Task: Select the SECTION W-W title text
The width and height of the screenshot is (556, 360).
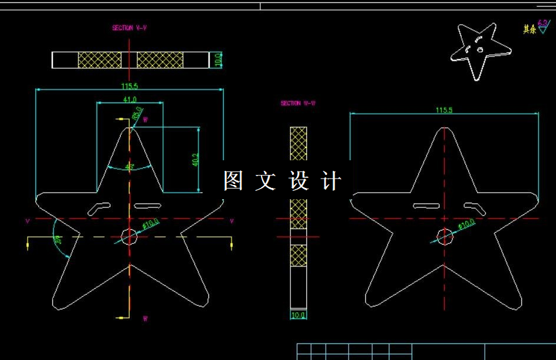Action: click(x=298, y=103)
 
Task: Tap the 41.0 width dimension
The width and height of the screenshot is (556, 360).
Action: click(x=130, y=99)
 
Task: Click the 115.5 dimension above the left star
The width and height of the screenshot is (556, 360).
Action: click(x=130, y=86)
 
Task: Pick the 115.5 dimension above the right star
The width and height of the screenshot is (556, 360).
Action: click(x=444, y=110)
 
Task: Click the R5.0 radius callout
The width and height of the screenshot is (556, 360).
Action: click(x=137, y=113)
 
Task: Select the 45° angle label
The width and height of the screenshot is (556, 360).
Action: click(x=130, y=167)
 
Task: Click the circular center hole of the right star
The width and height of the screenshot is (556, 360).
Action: click(x=444, y=236)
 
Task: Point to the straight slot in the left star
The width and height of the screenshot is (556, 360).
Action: click(x=148, y=206)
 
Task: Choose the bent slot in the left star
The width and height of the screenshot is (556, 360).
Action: click(x=100, y=207)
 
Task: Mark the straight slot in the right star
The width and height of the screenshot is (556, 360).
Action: click(x=425, y=206)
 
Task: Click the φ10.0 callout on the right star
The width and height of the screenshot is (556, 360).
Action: click(x=466, y=224)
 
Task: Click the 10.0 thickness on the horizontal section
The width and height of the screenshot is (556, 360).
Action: click(x=217, y=60)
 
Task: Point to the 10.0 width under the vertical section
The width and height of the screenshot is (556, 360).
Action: click(x=299, y=315)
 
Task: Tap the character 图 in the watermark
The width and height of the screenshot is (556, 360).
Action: click(x=233, y=181)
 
